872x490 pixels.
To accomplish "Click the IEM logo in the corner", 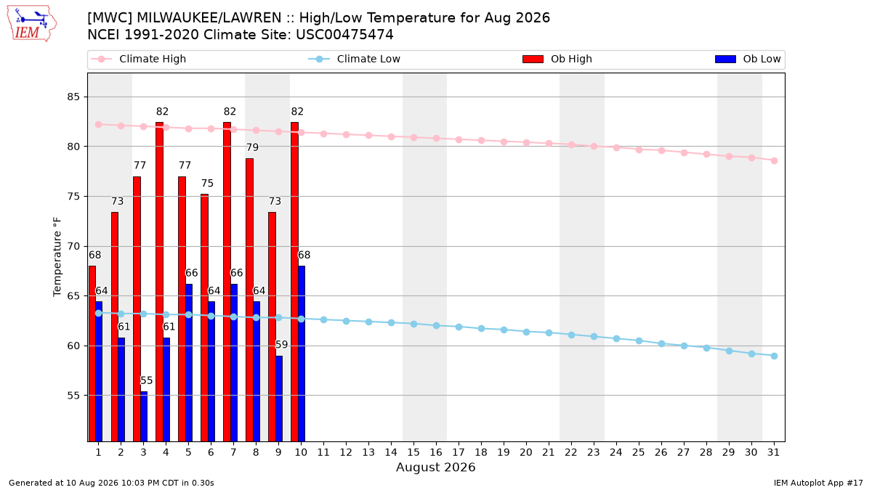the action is (32, 24).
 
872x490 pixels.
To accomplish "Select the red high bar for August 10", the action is (294, 282).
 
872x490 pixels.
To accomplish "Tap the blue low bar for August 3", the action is (144, 416).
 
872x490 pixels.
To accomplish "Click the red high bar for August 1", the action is (92, 354).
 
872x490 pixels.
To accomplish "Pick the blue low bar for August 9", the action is (279, 399).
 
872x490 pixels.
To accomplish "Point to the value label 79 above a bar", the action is (252, 147).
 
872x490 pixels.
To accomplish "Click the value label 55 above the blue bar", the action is (146, 380).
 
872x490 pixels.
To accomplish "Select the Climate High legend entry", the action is (138, 59).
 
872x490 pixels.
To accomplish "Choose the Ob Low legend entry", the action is (748, 59).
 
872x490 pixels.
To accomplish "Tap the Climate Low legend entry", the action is (354, 59).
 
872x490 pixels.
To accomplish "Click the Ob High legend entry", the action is (557, 59).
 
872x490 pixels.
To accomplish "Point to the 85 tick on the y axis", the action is (73, 97).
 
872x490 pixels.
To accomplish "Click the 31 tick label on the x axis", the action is (773, 452).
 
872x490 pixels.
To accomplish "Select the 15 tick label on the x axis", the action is (413, 452).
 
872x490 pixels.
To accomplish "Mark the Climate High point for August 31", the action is (774, 160).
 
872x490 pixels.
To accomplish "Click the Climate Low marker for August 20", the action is (526, 332).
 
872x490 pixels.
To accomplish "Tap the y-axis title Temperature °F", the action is (57, 257).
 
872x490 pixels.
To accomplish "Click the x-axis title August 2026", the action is (435, 467).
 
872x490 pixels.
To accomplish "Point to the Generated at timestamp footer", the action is (111, 483).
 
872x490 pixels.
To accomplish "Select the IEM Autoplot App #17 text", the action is (818, 483).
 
